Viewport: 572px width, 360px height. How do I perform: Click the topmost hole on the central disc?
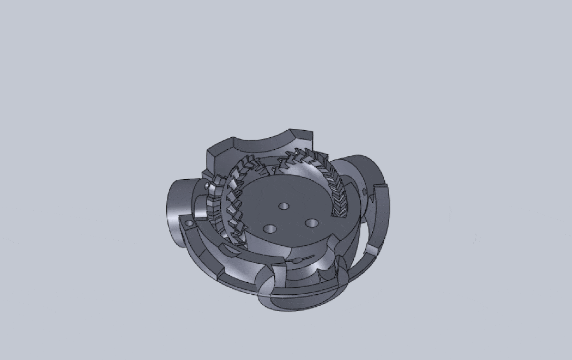285,206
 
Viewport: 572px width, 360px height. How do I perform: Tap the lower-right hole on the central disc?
311,223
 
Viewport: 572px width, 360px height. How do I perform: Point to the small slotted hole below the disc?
298,259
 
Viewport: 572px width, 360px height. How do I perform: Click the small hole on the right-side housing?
365,192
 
